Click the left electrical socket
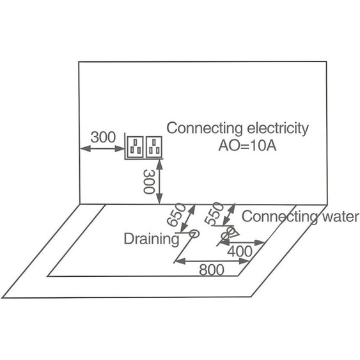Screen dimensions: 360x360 [136, 147]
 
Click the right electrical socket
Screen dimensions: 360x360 [154, 147]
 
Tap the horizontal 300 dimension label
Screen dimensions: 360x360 [103, 137]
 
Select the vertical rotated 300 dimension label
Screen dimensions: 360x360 [149, 182]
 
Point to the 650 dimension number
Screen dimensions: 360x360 [176, 215]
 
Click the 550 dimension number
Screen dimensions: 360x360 [214, 214]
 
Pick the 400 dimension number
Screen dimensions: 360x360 [240, 251]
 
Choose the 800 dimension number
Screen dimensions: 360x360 [212, 270]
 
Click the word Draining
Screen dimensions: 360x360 [152, 239]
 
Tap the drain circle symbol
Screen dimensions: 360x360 [194, 234]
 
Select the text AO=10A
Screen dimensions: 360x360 [247, 146]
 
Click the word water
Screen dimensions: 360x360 [340, 217]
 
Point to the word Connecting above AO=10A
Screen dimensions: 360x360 [205, 129]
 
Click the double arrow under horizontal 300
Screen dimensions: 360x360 [102, 148]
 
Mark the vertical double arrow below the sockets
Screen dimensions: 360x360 [160, 182]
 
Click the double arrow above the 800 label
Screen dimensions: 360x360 [212, 261]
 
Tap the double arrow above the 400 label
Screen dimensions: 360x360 [244, 242]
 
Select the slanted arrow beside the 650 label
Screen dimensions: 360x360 [188, 218]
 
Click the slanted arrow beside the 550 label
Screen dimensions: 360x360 [230, 214]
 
